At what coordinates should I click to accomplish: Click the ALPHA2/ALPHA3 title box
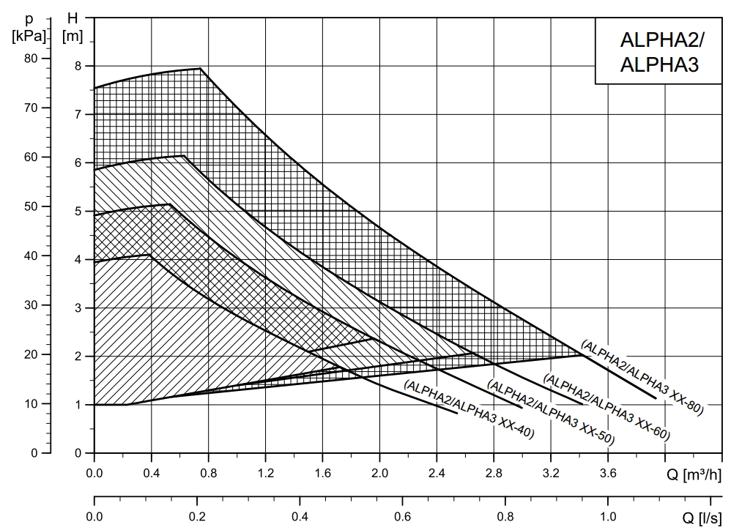[658, 51]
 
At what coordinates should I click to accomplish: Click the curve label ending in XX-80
[642, 377]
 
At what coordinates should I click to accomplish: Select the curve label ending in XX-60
[606, 406]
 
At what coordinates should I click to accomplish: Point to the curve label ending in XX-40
[469, 409]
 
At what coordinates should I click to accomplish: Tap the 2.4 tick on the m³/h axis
[437, 473]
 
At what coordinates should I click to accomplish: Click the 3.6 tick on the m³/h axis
[608, 473]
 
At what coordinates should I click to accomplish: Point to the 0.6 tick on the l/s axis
[402, 516]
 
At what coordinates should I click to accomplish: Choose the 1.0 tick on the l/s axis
[607, 516]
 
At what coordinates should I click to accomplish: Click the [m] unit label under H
[73, 35]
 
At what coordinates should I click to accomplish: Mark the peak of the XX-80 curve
[200, 68]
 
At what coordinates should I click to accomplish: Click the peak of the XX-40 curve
[150, 254]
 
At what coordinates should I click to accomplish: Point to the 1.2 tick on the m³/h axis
[265, 473]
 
